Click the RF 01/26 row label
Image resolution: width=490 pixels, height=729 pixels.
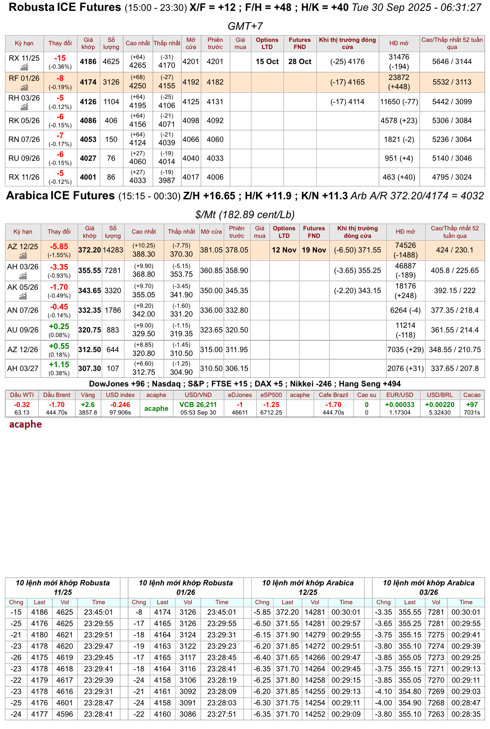(x=24, y=78)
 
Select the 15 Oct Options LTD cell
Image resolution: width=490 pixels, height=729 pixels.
(x=267, y=62)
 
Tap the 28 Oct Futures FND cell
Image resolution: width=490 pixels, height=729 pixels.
(x=299, y=62)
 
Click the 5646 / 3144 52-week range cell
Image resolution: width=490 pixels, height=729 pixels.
(x=452, y=62)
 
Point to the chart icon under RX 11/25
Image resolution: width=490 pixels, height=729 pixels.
(x=24, y=67)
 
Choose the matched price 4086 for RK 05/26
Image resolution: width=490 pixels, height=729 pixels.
(x=88, y=121)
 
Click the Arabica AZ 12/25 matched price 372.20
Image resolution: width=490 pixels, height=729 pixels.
(x=90, y=250)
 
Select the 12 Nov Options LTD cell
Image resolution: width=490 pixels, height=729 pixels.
(x=284, y=250)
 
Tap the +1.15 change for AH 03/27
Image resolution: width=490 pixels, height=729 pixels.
(x=59, y=365)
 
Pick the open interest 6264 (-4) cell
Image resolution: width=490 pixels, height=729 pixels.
(x=405, y=310)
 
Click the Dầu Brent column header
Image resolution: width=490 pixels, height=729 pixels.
(x=57, y=395)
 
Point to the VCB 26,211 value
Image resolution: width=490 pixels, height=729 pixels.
(x=198, y=404)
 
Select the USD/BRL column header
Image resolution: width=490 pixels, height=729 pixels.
(x=439, y=395)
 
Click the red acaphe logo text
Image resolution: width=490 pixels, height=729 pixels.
(x=26, y=425)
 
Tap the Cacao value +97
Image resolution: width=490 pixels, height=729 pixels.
(x=472, y=404)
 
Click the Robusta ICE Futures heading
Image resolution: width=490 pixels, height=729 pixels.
(x=65, y=8)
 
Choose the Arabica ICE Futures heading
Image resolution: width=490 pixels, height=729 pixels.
(x=60, y=196)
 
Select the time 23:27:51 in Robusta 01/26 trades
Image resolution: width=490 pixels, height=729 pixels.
(x=222, y=714)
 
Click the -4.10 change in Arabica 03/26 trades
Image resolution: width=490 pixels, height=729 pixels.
(x=383, y=691)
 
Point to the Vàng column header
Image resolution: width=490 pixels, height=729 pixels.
(x=88, y=395)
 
